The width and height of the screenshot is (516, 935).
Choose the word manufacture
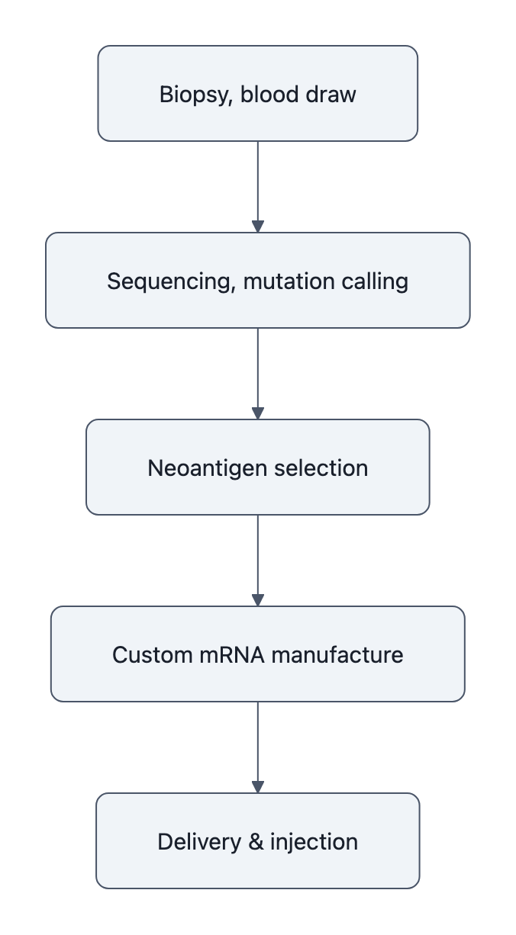[x=336, y=655]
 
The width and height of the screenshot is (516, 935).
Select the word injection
[x=314, y=842]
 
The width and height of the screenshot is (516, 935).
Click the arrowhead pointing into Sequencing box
[x=258, y=227]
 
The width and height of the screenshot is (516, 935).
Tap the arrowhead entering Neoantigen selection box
[x=258, y=413]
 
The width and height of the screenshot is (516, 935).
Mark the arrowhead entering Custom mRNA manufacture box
[x=258, y=600]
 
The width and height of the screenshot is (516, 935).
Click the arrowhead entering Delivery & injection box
[x=258, y=787]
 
